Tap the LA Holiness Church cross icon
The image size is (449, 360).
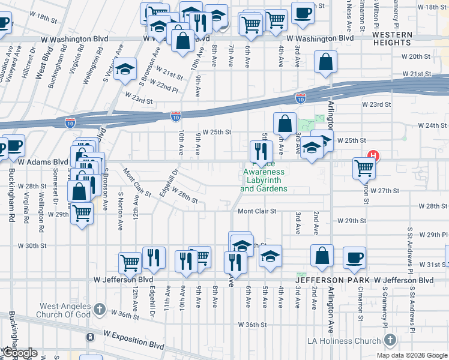pos(390,341)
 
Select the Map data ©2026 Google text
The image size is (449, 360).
pos(411,355)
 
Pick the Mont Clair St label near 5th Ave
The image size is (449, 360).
pos(256,211)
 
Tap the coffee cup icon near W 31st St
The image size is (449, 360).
pos(354,257)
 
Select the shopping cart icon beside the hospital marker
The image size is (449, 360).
pos(364,167)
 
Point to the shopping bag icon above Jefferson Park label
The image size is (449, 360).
pos(322,255)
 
